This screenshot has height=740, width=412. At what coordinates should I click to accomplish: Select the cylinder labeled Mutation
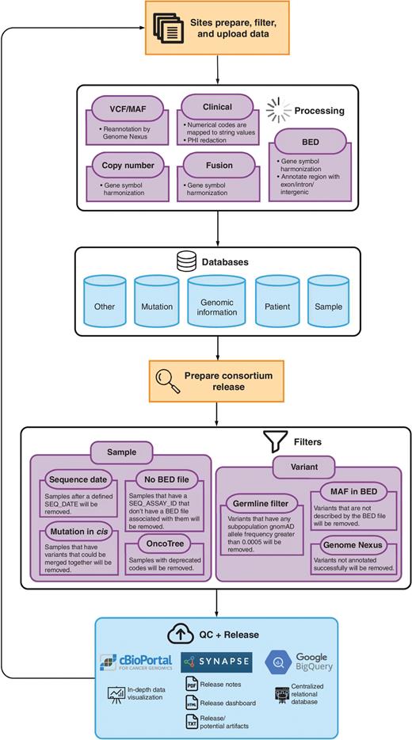tap(157, 306)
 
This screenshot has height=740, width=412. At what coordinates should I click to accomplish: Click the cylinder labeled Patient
tap(277, 306)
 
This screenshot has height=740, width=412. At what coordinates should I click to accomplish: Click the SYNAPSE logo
tap(216, 662)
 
